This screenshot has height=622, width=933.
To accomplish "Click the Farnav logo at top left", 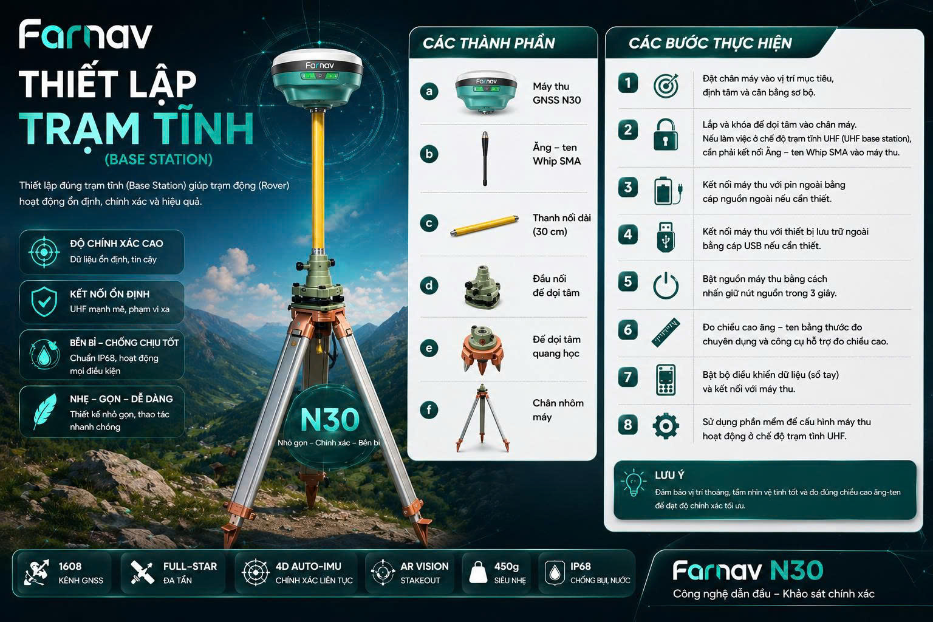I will pyautogui.click(x=85, y=35).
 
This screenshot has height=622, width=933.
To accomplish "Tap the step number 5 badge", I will pyautogui.click(x=627, y=282).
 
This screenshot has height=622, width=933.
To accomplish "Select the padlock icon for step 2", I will pyautogui.click(x=665, y=135).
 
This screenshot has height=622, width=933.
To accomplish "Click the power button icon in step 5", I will pyautogui.click(x=665, y=285).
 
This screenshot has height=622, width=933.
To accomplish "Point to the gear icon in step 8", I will pyautogui.click(x=665, y=426).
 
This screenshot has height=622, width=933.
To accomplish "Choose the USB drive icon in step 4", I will pyautogui.click(x=665, y=236).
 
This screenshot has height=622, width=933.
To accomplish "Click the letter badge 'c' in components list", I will pyautogui.click(x=429, y=224).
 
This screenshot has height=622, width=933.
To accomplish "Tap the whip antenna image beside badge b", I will pyautogui.click(x=485, y=159).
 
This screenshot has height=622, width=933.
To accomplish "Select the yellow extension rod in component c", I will pyautogui.click(x=484, y=225).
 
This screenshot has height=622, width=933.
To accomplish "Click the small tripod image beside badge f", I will pyautogui.click(x=482, y=417).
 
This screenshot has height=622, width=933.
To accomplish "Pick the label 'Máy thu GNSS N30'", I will pyautogui.click(x=556, y=93).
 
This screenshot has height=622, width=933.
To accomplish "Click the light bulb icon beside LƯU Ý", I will pyautogui.click(x=633, y=483).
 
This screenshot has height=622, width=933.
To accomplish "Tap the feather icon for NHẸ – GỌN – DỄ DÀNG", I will pyautogui.click(x=44, y=412).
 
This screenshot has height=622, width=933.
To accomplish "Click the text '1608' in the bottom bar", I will pyautogui.click(x=70, y=566).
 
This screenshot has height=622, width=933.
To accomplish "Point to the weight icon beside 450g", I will pyautogui.click(x=479, y=573).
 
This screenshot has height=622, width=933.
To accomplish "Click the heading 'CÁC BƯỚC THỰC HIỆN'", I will pyautogui.click(x=710, y=43).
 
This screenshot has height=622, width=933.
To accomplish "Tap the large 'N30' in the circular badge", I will pyautogui.click(x=330, y=420).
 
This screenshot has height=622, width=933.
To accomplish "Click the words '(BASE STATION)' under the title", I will pyautogui.click(x=159, y=160).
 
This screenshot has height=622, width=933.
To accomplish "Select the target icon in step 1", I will pyautogui.click(x=665, y=86).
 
